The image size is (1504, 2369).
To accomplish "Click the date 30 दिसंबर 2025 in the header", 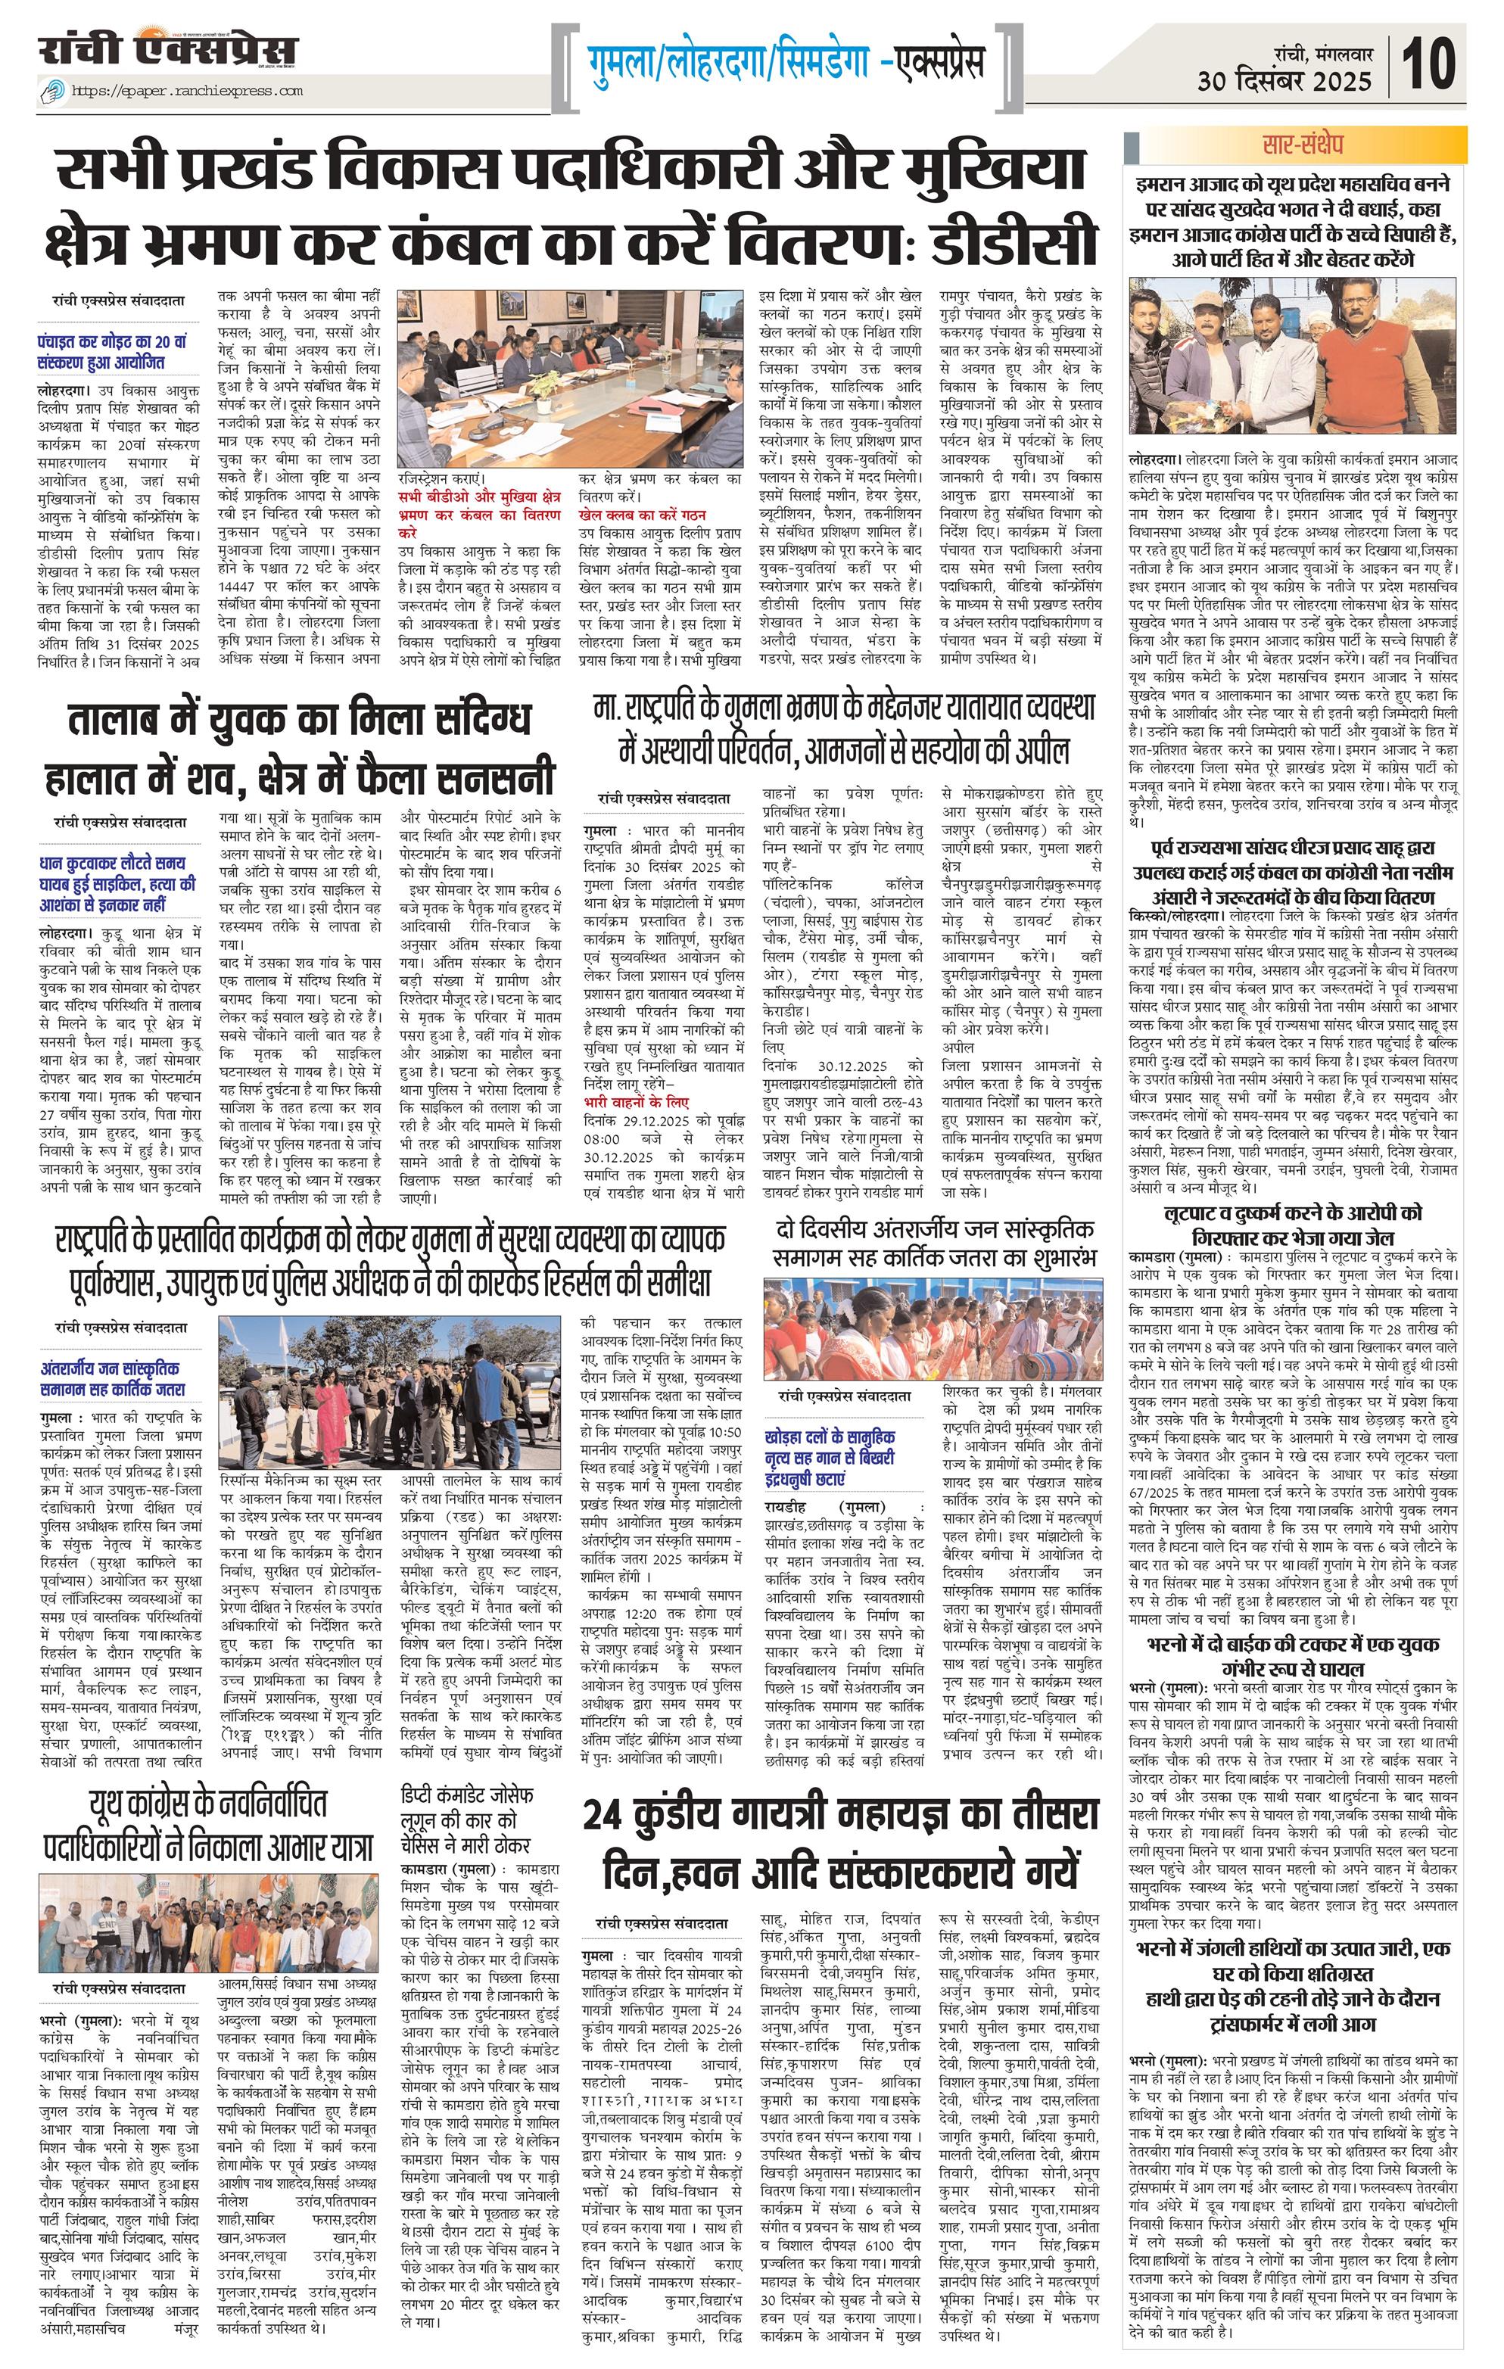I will point(1284,81).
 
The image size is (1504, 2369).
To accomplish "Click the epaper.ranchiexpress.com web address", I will point(187,91).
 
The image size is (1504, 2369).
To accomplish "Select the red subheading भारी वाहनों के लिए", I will point(637,1102).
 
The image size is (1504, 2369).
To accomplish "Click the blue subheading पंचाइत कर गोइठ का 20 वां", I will point(112,352).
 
